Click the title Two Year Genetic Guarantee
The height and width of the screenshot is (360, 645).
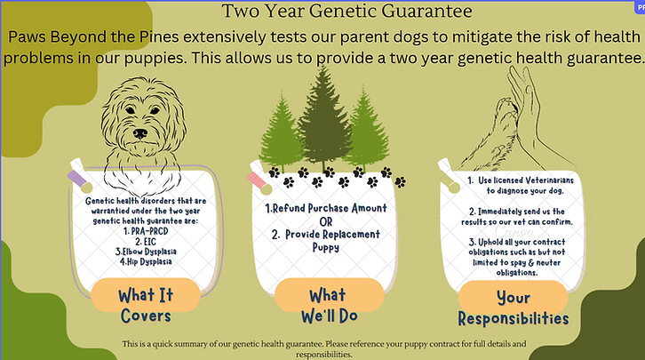(x=346, y=12)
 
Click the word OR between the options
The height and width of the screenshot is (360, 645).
(x=327, y=220)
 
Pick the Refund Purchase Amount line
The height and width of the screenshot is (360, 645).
(x=327, y=208)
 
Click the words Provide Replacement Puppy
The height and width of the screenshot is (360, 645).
(x=327, y=241)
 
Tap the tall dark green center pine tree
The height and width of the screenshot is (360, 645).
(x=322, y=116)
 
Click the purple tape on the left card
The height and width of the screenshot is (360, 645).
(x=80, y=182)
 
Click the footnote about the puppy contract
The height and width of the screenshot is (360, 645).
(x=324, y=348)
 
